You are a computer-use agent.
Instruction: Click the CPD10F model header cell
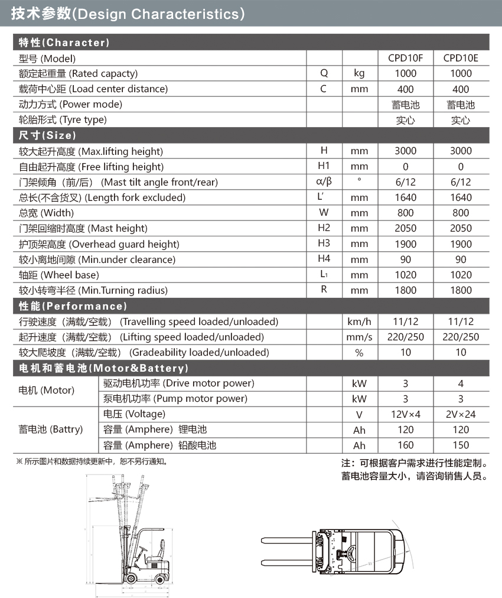(405, 58)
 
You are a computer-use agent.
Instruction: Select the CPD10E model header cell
(461, 58)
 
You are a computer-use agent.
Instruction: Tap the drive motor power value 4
(461, 383)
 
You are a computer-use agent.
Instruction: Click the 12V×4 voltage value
(405, 414)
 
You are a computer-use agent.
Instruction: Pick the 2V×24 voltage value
(461, 414)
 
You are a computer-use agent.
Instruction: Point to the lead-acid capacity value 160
(405, 445)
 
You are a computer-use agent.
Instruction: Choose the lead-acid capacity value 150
(461, 445)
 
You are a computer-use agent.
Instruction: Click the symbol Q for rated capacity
(324, 73)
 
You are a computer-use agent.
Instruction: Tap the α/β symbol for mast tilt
(324, 182)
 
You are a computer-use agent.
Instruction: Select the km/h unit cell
(359, 321)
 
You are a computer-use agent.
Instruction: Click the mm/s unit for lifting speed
(359, 337)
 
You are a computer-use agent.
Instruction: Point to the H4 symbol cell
(324, 259)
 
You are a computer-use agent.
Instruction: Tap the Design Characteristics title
(128, 14)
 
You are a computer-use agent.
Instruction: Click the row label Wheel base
(59, 275)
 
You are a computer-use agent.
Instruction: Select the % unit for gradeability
(359, 353)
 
